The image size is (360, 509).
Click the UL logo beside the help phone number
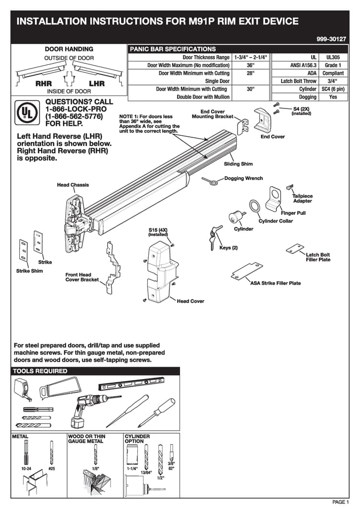[x=26, y=112]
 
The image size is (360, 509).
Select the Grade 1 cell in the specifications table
[x=333, y=65]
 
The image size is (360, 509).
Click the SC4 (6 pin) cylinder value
[x=333, y=89]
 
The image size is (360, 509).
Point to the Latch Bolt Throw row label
[x=299, y=81]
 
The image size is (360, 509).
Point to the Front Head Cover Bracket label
[x=82, y=277]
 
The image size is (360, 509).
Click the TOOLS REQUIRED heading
[x=40, y=371]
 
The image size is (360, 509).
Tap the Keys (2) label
[x=228, y=248]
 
